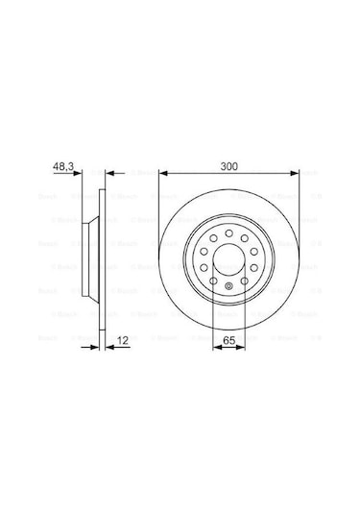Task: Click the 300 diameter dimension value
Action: tap(228, 167)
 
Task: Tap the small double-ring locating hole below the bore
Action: tap(228, 285)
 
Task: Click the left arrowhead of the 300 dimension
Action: tap(162, 175)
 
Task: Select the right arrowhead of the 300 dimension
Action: tap(295, 175)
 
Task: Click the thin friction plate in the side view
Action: tap(101, 257)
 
